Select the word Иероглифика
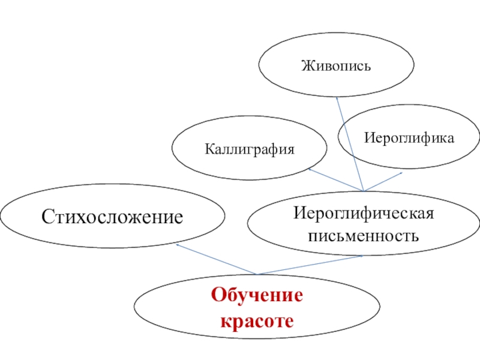point(407,139)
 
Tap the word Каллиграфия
point(250,148)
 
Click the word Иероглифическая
point(363,214)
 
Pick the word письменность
point(363,234)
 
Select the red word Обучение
point(257,296)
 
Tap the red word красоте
point(257,322)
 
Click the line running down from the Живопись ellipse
point(350,144)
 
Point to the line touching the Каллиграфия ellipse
point(336,180)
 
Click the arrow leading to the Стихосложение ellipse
point(216,259)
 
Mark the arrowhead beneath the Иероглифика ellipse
point(401,173)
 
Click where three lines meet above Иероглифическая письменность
point(364,191)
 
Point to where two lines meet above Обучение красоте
point(257,274)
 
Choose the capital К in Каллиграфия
point(208,148)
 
